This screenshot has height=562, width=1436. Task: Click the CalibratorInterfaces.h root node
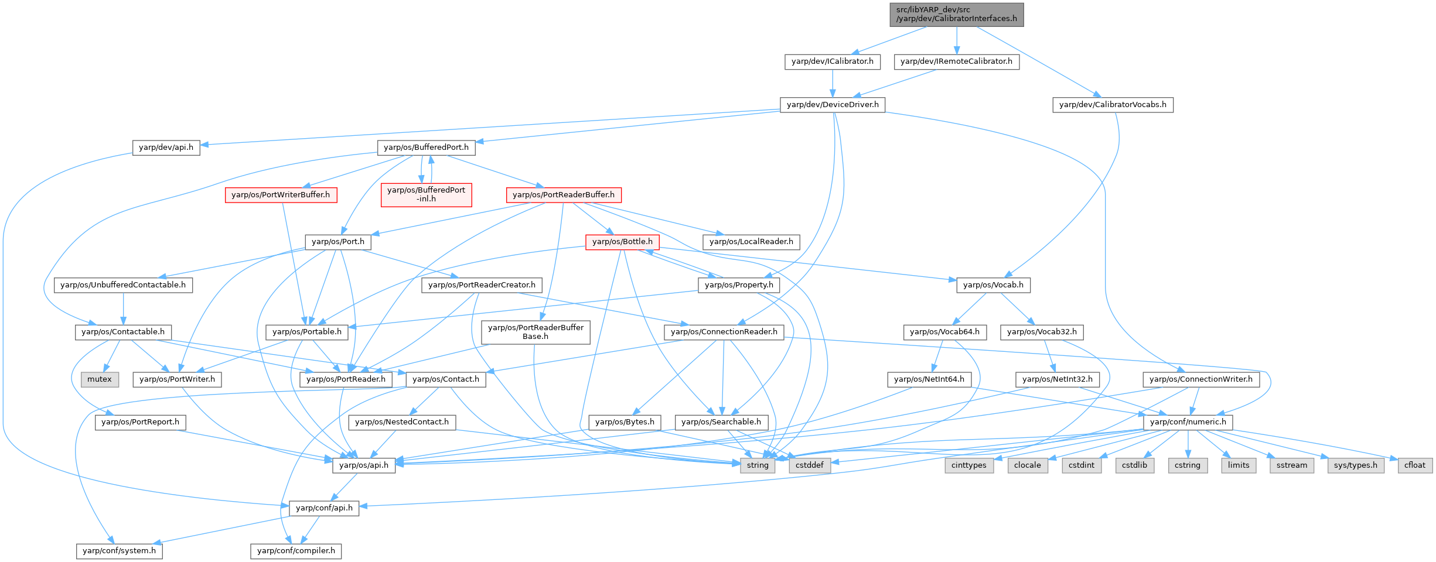click(956, 14)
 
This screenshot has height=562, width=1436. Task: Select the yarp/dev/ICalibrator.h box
click(832, 61)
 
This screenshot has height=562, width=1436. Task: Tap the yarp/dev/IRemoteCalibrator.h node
click(956, 61)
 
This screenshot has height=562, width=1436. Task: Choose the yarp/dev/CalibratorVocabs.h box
click(1113, 105)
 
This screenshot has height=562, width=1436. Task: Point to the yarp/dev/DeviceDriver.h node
click(833, 105)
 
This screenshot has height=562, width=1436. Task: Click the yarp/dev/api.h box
click(166, 148)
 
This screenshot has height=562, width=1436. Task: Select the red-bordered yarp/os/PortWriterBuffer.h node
click(281, 195)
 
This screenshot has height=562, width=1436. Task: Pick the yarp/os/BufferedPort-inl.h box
click(426, 194)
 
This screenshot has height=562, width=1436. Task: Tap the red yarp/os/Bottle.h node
click(622, 242)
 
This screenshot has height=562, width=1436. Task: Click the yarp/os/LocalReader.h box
click(751, 242)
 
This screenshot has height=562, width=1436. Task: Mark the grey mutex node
click(100, 379)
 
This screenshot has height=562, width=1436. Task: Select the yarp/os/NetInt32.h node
click(1058, 379)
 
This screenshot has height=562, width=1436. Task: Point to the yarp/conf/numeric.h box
click(1188, 422)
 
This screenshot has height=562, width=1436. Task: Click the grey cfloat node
click(1415, 465)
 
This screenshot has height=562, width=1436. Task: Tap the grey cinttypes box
click(969, 465)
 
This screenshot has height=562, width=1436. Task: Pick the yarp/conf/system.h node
click(120, 551)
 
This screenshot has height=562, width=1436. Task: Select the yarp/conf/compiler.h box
click(296, 551)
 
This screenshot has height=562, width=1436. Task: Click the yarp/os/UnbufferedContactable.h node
click(123, 285)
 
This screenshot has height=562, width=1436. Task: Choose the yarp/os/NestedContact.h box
click(402, 422)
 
